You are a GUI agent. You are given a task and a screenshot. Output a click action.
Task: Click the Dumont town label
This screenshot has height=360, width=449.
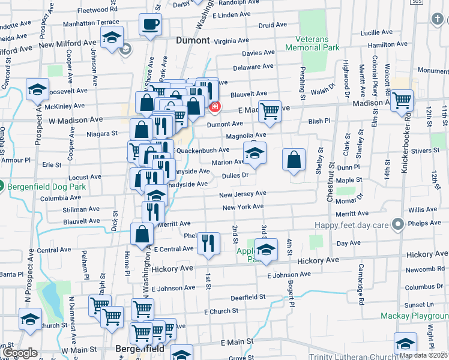tap(193, 41)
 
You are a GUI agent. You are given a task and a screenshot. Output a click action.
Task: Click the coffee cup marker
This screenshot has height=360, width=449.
tap(150, 25)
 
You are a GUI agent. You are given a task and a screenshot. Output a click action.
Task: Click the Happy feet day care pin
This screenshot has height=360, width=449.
tap(397, 225)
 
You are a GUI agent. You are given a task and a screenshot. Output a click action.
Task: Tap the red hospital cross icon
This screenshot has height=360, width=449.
tap(214, 107)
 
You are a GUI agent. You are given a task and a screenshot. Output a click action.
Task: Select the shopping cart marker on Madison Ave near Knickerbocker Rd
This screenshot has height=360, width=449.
tap(402, 100)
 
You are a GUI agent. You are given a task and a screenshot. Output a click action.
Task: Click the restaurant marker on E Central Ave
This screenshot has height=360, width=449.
tap(208, 243)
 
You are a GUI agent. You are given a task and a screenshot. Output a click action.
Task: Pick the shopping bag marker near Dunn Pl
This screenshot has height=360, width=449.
tap(294, 160)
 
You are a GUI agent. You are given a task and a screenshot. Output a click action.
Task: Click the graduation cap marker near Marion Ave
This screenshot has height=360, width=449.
tap(255, 154)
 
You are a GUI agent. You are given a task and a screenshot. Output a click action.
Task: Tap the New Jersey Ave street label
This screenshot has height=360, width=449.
tap(243, 194)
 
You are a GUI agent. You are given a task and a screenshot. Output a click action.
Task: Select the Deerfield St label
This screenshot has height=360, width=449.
tap(248, 297)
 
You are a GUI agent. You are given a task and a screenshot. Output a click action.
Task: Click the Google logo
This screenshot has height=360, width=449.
tap(20, 353)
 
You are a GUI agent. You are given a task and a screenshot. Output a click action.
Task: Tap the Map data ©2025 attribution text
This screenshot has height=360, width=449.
tap(423, 355)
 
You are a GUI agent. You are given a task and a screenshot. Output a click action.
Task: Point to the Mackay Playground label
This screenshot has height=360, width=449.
tap(414, 315)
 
